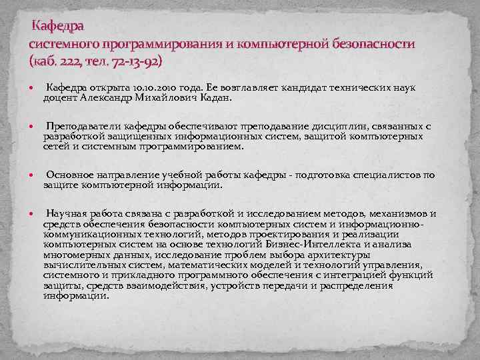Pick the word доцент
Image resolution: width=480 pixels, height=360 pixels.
tap(60, 97)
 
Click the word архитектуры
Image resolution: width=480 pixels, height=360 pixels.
tap(339, 255)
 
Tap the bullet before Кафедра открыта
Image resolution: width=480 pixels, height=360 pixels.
tap(32, 88)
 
